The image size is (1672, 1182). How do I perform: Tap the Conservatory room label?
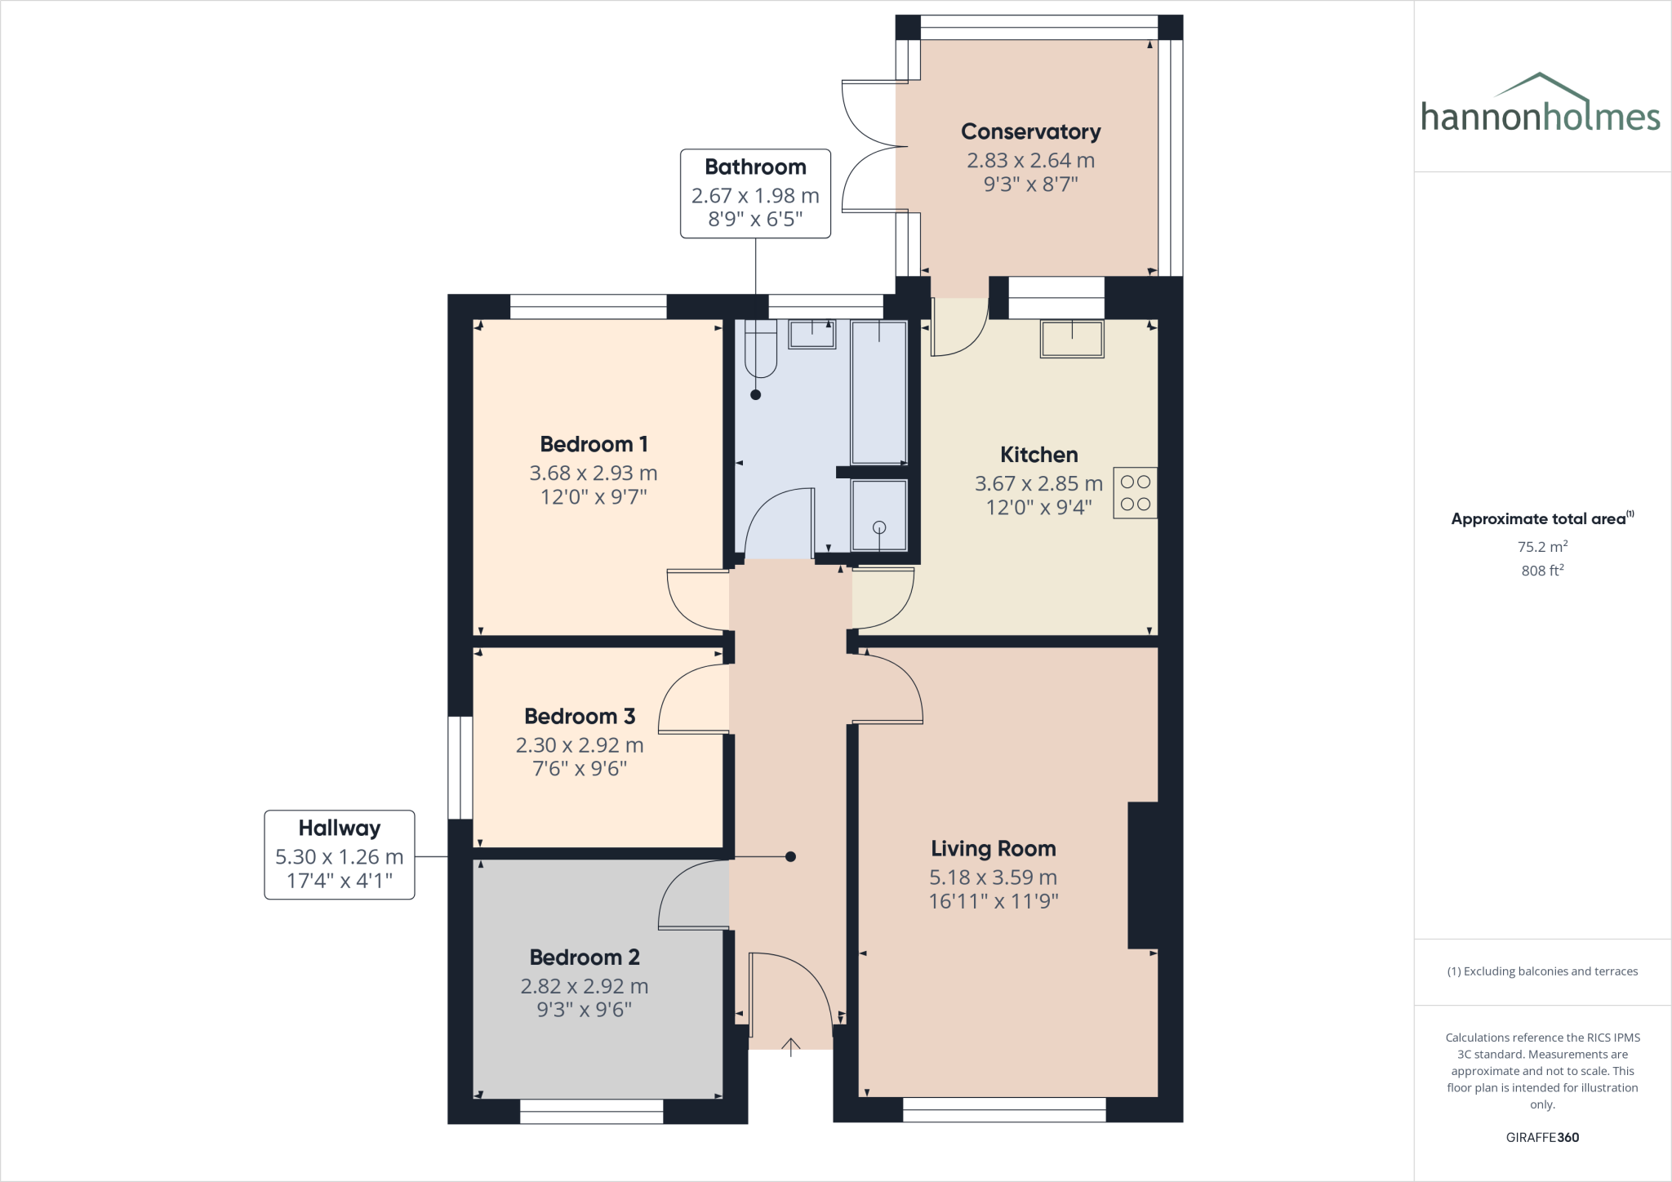(1030, 131)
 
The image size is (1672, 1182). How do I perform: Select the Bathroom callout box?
(755, 193)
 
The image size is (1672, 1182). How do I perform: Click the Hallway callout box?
(339, 855)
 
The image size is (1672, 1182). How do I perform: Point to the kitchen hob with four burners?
(1135, 493)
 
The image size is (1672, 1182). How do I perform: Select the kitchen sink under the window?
(1071, 338)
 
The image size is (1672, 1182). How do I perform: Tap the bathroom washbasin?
(812, 334)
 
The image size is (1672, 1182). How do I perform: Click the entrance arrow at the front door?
(790, 1046)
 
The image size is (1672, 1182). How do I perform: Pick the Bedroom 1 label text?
(594, 444)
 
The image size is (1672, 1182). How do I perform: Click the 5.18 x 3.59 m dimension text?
(993, 878)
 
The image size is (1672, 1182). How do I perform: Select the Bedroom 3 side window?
(460, 767)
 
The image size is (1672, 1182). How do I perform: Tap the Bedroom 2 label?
(585, 957)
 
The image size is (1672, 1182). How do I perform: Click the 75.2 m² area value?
(1541, 547)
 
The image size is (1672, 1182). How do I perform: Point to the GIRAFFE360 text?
(1541, 1137)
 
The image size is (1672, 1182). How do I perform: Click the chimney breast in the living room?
(1143, 875)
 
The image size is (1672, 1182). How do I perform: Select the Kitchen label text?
(1038, 455)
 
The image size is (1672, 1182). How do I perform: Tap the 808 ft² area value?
(1541, 571)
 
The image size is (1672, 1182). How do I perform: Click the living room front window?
(1003, 1109)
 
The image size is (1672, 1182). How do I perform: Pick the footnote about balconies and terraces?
(1541, 971)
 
